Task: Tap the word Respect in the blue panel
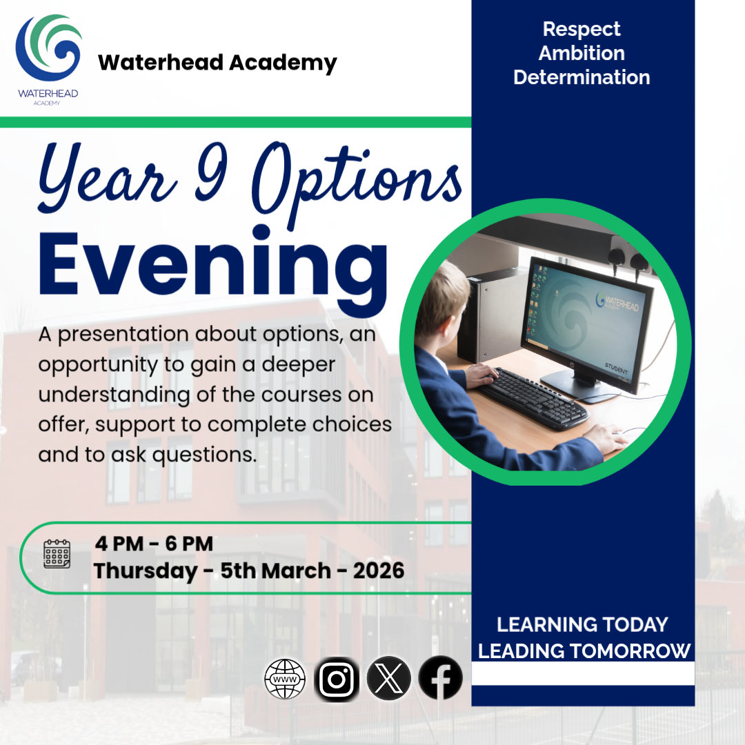tap(581, 30)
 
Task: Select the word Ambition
tap(581, 53)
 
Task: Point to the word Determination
tap(581, 77)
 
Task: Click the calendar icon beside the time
tap(57, 554)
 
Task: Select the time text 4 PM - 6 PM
tap(154, 544)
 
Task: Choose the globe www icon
tap(285, 677)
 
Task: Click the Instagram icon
tap(337, 677)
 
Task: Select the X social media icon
tap(388, 677)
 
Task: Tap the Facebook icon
tap(440, 677)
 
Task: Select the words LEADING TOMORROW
tap(584, 650)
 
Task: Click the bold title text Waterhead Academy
tap(217, 63)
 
